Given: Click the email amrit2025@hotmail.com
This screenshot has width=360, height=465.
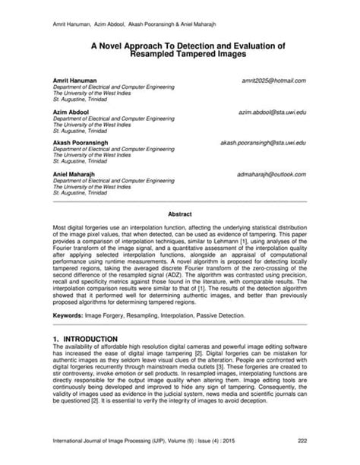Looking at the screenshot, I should coord(273,80).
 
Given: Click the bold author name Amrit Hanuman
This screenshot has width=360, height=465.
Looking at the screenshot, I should coord(75,80).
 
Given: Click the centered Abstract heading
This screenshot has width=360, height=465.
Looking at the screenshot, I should coord(179,215).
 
